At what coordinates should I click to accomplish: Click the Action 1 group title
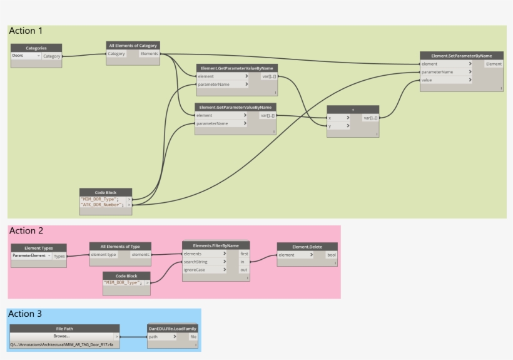(x=26, y=31)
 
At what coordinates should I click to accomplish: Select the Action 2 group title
(x=26, y=231)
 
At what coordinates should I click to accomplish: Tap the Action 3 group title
(x=26, y=314)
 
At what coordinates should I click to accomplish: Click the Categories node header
(x=36, y=48)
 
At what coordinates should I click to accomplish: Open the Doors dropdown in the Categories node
(x=26, y=56)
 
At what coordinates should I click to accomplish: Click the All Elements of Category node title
(x=133, y=45)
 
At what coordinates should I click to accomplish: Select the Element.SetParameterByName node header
(x=461, y=56)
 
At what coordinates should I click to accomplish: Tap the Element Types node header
(x=39, y=248)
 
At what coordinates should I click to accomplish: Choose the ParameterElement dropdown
(x=31, y=256)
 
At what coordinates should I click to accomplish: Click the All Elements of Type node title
(x=121, y=246)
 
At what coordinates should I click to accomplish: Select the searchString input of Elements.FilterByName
(x=204, y=262)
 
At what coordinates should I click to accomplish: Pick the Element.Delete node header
(x=307, y=247)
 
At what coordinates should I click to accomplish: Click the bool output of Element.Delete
(x=331, y=255)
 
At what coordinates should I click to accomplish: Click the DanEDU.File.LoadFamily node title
(x=173, y=328)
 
